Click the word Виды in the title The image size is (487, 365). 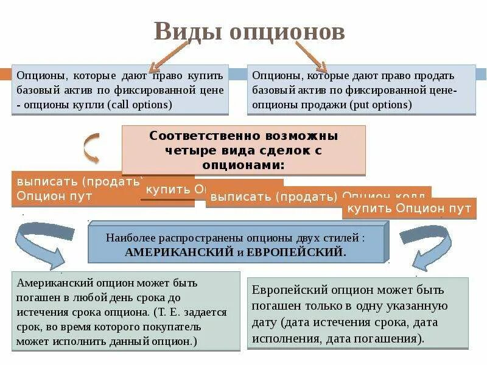point(187,32)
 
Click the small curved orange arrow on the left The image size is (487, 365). point(89,148)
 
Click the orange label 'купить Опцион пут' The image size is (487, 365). point(408,209)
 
